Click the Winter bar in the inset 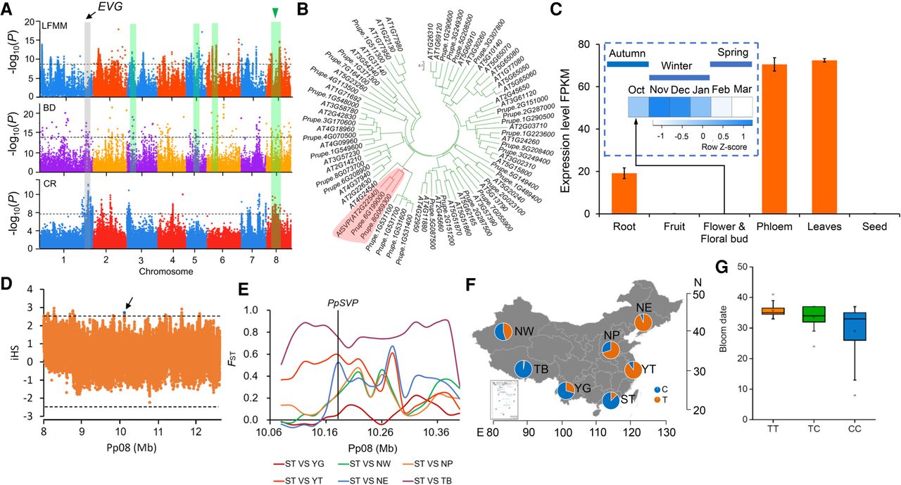point(679,77)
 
